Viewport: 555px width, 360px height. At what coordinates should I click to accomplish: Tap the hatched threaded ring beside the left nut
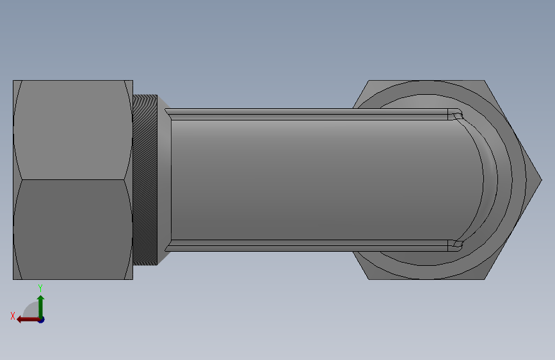point(145,180)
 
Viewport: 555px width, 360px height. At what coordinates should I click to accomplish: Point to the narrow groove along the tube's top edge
point(307,115)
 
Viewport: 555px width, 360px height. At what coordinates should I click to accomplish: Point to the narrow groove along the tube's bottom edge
point(307,245)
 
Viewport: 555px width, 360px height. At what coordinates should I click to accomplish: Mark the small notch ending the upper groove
point(455,115)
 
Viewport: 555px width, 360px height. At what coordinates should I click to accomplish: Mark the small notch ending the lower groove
point(455,245)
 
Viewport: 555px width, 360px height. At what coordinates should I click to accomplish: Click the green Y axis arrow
point(40,304)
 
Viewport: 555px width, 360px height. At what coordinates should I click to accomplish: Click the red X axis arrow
point(26,319)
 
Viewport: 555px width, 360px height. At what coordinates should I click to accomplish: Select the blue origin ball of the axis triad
point(40,319)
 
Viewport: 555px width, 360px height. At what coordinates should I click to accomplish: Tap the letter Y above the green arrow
point(40,288)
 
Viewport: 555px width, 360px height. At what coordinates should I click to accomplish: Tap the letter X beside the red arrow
point(13,316)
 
